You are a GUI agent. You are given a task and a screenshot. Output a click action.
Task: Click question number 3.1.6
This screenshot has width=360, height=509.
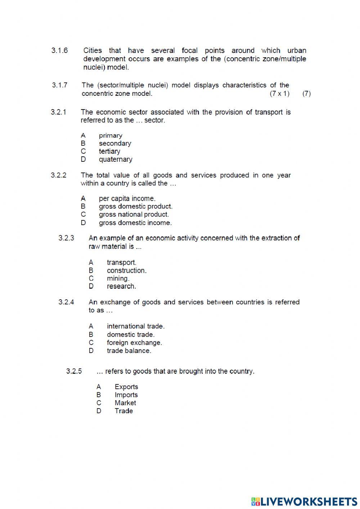pos(59,50)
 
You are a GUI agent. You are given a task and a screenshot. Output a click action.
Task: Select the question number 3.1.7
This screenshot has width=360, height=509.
pos(59,85)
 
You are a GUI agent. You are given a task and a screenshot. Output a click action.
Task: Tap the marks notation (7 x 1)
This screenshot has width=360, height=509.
pos(279,94)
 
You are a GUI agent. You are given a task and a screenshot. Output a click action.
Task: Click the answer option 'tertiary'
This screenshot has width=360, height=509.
pos(109,151)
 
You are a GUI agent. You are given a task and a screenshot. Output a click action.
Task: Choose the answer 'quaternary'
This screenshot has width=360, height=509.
pos(116,159)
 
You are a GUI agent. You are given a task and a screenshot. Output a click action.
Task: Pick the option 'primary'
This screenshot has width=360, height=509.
pos(111,135)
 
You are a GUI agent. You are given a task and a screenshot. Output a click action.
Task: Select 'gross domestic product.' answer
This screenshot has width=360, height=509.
pos(136,206)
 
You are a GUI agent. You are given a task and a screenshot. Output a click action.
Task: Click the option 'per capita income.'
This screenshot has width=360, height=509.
pos(127,198)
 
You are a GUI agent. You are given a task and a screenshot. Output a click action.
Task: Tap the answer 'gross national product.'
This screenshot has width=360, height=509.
pos(134,214)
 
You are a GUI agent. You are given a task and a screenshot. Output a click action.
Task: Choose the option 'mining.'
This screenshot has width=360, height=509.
pos(118,278)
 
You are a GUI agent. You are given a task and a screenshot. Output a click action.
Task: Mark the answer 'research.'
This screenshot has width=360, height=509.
pos(121,286)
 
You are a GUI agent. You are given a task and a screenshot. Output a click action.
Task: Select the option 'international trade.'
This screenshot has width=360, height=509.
pos(136,326)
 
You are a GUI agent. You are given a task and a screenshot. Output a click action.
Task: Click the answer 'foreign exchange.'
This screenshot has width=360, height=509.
pos(134,343)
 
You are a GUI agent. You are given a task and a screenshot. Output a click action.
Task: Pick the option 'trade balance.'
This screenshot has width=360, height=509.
pos(129,351)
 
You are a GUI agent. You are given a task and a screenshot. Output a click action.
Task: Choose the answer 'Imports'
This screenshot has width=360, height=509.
pos(126,395)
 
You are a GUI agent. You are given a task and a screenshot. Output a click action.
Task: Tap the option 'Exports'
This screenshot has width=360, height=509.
pos(126,387)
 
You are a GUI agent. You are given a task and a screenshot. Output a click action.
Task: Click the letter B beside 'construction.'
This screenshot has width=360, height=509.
pos(91,271)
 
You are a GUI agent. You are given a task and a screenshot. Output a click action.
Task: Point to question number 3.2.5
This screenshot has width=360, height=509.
pos(74,371)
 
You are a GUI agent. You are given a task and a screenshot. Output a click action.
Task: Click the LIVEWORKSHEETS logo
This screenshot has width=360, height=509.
pos(304,501)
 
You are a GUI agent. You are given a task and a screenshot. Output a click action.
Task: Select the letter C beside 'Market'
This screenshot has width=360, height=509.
pos(99,403)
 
